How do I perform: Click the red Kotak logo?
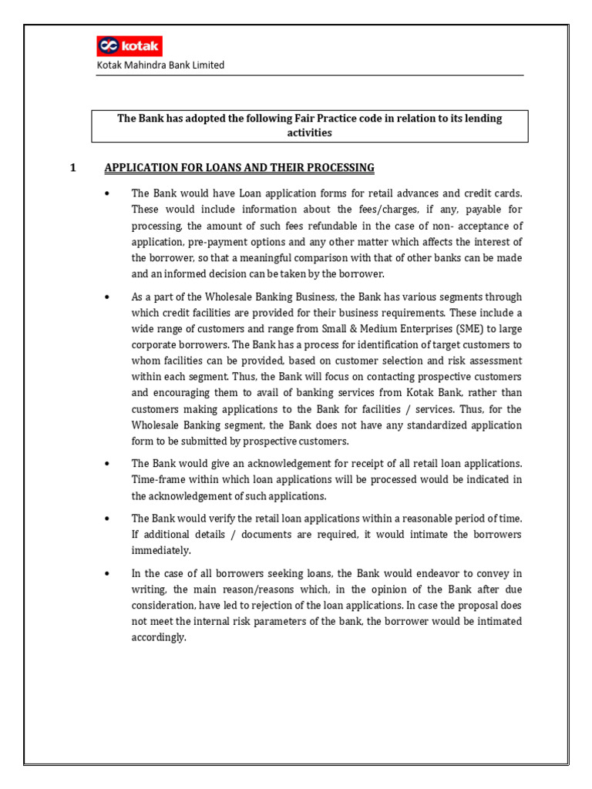[x=129, y=46]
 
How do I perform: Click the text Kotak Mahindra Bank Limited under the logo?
[x=160, y=65]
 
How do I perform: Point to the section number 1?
[x=73, y=167]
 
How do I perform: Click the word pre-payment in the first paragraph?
[x=222, y=241]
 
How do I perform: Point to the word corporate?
[x=159, y=345]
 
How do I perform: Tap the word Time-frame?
[x=158, y=479]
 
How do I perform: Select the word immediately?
[x=161, y=551]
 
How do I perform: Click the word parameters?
[x=289, y=621]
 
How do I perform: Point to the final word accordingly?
[x=159, y=637]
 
